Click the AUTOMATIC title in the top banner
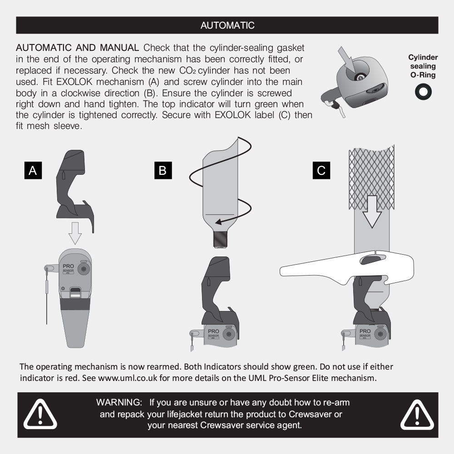(227, 25)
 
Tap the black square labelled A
(33, 170)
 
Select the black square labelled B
(163, 170)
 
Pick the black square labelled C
(321, 170)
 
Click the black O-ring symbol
(423, 92)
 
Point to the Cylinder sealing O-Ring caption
(423, 66)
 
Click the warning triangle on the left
(40, 414)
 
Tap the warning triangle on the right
(417, 415)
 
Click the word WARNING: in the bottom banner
(119, 402)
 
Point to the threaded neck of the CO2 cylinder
(220, 239)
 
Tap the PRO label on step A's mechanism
(69, 266)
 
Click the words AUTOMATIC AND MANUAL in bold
(77, 48)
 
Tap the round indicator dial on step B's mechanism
(228, 334)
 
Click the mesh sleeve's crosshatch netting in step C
(372, 177)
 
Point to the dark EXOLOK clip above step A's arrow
(75, 191)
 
